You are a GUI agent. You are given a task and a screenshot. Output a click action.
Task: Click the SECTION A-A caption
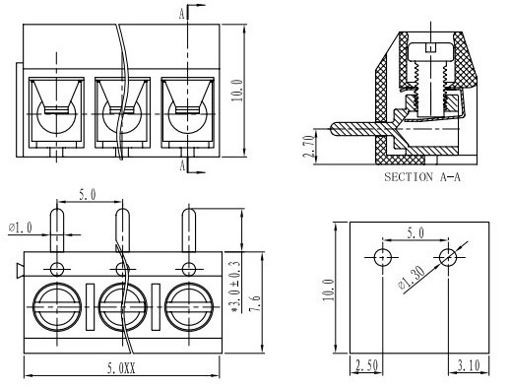(422, 177)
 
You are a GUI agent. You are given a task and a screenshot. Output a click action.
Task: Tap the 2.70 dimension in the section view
(309, 147)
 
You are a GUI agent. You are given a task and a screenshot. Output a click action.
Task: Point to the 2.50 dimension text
(367, 365)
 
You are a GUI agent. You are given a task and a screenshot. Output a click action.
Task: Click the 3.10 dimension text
(469, 365)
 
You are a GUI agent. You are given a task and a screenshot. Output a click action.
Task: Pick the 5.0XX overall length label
(121, 368)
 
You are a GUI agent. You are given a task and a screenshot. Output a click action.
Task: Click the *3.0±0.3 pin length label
(236, 287)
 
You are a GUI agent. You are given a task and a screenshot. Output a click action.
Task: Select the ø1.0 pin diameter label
(21, 227)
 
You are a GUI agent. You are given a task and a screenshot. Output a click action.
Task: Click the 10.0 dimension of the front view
(237, 90)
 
